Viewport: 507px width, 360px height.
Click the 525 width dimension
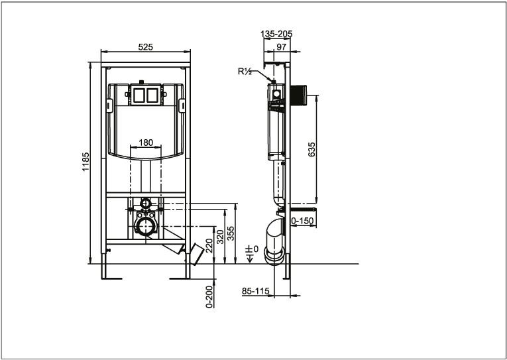tap(146, 47)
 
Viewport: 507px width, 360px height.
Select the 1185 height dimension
tap(85, 162)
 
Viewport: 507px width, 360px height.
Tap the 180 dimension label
tap(146, 143)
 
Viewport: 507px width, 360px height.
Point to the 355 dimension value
tap(231, 233)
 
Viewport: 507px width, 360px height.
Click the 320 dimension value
tap(220, 237)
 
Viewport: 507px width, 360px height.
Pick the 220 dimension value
tap(209, 245)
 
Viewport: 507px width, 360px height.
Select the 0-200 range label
tap(209, 296)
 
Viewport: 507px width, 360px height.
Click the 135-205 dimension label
tap(276, 34)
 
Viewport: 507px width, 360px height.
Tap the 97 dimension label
tap(281, 47)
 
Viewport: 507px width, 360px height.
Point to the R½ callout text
tap(245, 72)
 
